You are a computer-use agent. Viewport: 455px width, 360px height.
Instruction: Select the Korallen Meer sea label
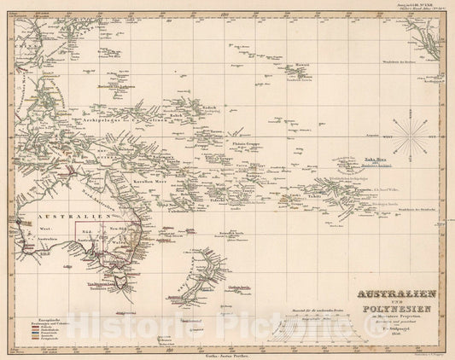pyautogui.click(x=124, y=183)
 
